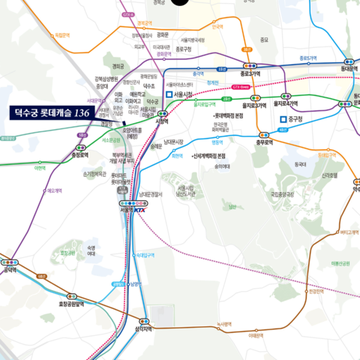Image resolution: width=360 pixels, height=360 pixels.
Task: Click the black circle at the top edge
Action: (x=180, y=3)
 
